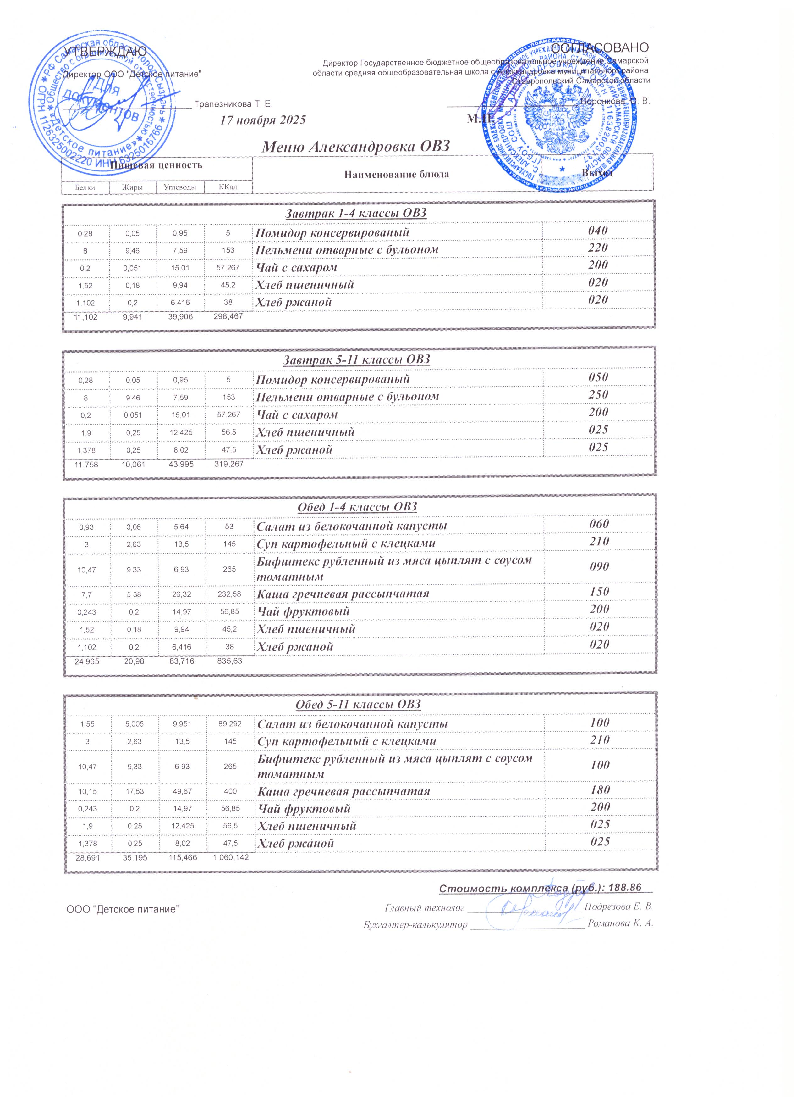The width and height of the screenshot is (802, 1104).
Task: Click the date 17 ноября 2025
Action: point(263,120)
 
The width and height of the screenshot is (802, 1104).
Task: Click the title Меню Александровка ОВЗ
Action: point(355,147)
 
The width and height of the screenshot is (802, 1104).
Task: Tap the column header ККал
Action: point(228,187)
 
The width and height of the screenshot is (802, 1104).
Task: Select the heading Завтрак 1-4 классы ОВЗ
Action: point(355,213)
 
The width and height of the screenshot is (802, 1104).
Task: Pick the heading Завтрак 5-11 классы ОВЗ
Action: point(356,360)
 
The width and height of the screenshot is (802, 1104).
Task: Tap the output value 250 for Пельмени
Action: point(598,395)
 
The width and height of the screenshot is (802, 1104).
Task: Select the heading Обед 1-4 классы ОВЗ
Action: point(357,507)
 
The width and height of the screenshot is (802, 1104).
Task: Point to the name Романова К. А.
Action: point(620,923)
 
